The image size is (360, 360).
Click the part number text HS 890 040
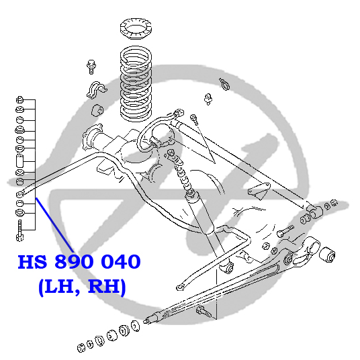(79, 262)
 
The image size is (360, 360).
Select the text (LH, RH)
(82, 287)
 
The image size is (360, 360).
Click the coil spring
(136, 83)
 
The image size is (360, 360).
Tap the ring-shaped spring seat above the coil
(136, 28)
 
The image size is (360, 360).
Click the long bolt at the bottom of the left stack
(19, 230)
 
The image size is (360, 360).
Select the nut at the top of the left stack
(20, 100)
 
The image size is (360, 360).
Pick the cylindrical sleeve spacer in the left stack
(19, 161)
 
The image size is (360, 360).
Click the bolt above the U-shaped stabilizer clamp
(91, 66)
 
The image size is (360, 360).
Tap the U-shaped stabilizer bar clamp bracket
(96, 89)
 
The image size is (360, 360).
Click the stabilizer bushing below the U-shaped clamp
(97, 110)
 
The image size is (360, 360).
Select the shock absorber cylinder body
(200, 213)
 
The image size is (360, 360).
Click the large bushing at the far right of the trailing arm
(327, 255)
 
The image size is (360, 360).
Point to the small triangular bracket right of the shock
(259, 191)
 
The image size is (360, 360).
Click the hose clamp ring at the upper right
(224, 84)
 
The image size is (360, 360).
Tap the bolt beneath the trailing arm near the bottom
(204, 312)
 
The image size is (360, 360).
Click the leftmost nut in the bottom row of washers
(81, 348)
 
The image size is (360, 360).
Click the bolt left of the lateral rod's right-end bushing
(285, 231)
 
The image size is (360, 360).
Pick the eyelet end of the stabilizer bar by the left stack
(20, 195)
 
